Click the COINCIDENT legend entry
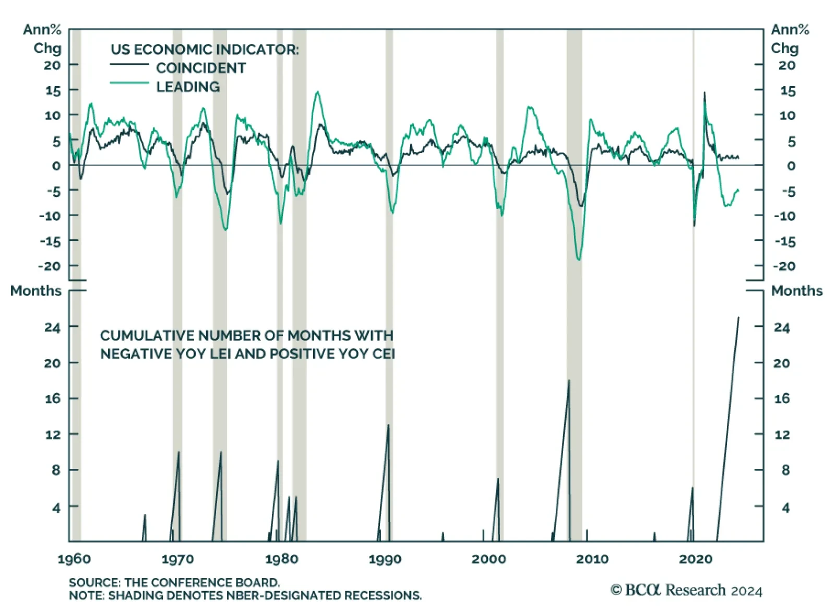[200, 68]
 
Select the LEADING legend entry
[188, 87]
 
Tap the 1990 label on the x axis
[385, 559]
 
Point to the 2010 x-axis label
[592, 559]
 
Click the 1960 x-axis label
[74, 559]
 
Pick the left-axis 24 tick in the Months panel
[52, 327]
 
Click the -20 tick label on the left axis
[50, 266]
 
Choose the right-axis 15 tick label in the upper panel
[788, 91]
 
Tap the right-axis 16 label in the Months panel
[782, 399]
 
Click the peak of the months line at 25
[738, 317]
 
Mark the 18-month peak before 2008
[569, 380]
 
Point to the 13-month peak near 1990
[388, 425]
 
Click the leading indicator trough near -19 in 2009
[578, 260]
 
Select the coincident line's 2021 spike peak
[705, 93]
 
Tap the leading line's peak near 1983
[317, 92]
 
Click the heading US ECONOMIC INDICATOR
[205, 50]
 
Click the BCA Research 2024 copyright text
[686, 590]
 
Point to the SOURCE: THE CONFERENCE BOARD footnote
[174, 582]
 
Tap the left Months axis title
[35, 291]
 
